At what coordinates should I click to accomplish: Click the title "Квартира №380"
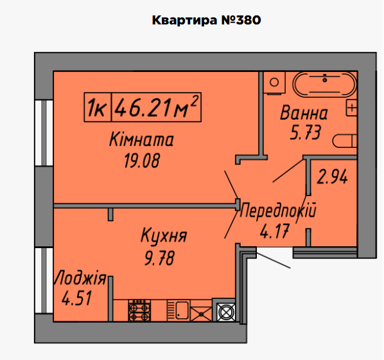click(206, 20)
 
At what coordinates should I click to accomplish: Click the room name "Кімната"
click(141, 140)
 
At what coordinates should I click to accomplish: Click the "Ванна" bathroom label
click(304, 114)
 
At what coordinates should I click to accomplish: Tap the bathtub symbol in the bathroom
click(324, 84)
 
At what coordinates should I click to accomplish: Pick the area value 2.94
click(333, 177)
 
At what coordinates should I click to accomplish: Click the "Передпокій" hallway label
click(278, 210)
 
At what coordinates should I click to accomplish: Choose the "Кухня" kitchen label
click(164, 237)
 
